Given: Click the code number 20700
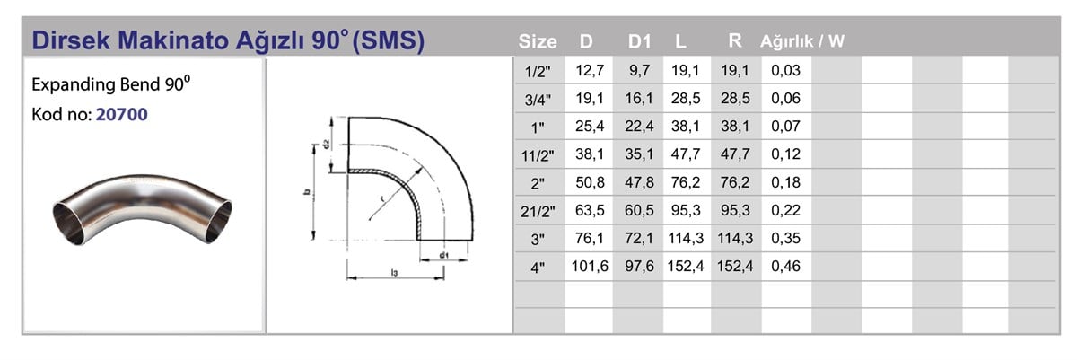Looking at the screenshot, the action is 122,114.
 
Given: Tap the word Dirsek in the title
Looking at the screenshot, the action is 71,40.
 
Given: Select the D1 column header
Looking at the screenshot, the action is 639,42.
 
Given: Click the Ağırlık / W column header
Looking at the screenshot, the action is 802,41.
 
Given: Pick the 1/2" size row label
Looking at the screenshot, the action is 538,72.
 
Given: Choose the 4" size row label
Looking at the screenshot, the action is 538,268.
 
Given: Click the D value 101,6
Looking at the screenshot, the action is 590,266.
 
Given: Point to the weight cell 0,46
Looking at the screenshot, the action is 785,266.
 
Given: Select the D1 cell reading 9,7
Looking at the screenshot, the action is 639,71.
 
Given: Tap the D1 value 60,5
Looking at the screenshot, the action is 639,210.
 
